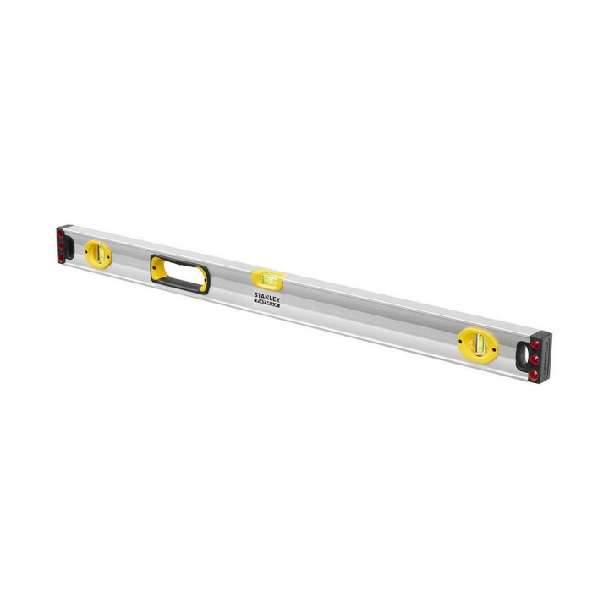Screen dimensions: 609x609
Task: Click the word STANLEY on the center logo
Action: click(x=267, y=297)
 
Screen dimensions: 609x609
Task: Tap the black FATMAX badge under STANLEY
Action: click(x=266, y=304)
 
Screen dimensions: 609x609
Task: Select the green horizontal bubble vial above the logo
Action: click(x=269, y=278)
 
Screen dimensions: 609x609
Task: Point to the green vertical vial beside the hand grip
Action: click(x=99, y=254)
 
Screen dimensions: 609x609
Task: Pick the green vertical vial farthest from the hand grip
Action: click(x=480, y=344)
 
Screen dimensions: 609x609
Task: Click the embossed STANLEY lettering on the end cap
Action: click(x=546, y=357)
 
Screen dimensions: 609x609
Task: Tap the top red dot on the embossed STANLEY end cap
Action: click(x=536, y=344)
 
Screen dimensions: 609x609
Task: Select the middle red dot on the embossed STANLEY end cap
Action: click(x=535, y=359)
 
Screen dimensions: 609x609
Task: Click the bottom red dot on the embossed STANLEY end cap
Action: click(x=534, y=375)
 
